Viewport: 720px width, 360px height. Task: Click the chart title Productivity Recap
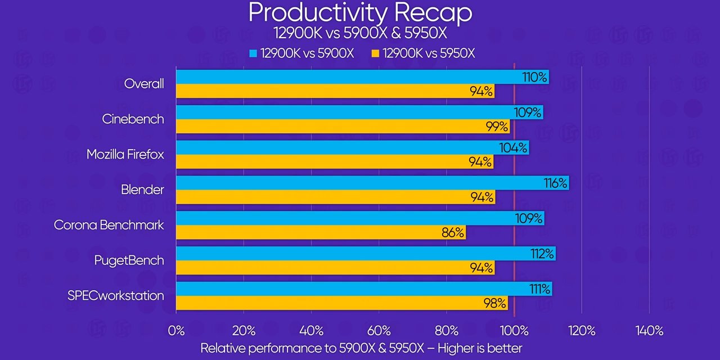(360, 12)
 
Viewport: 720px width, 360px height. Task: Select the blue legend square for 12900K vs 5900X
(253, 53)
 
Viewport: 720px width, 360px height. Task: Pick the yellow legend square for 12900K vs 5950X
(375, 53)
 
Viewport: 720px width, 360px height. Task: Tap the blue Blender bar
(371, 183)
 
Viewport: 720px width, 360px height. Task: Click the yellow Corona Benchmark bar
(321, 232)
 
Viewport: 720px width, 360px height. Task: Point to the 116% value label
(555, 183)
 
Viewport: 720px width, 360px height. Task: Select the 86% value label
(453, 232)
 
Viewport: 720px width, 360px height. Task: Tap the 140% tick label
(649, 330)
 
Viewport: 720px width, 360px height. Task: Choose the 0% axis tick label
(176, 330)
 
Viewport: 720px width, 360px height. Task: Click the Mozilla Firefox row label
(125, 154)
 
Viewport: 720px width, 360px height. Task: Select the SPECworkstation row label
(116, 295)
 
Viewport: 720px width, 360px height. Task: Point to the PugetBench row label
(129, 260)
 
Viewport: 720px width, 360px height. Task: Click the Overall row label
(144, 84)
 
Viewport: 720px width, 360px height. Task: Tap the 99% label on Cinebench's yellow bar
(497, 126)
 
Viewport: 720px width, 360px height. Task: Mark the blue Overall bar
(360, 77)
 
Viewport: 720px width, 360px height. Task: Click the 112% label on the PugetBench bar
(543, 254)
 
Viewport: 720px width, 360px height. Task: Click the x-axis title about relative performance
(361, 348)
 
